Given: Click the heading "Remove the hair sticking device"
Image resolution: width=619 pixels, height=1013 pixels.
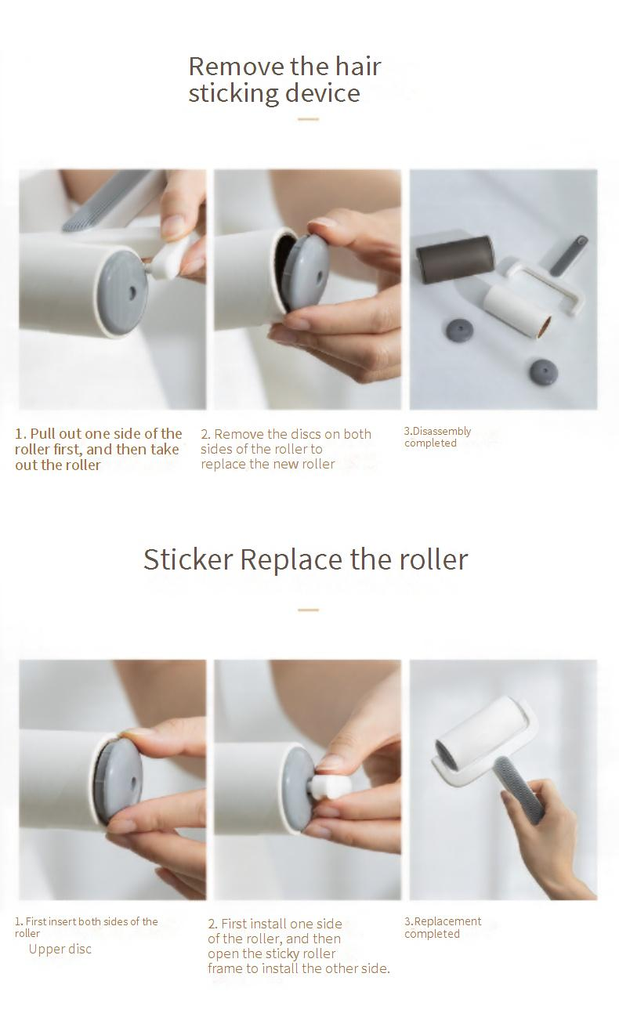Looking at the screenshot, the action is pyautogui.click(x=284, y=80).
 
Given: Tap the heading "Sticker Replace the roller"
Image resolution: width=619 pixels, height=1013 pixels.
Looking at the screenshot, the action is pyautogui.click(x=306, y=559).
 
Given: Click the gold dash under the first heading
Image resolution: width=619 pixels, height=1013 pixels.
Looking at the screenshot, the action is pyautogui.click(x=309, y=119).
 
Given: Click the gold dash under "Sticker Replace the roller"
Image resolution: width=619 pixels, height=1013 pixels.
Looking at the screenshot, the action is pyautogui.click(x=309, y=610).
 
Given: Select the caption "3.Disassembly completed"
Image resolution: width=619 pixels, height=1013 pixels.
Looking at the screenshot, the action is pyautogui.click(x=438, y=437).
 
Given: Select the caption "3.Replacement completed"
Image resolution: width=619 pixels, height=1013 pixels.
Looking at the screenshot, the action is pyautogui.click(x=443, y=927).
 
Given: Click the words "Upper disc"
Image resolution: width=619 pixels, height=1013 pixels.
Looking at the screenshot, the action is pyautogui.click(x=60, y=949).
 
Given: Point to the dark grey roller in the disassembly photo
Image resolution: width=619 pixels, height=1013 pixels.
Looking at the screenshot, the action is pyautogui.click(x=454, y=259).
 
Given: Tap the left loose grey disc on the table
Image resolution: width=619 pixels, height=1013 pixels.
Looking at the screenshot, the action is pyautogui.click(x=459, y=330).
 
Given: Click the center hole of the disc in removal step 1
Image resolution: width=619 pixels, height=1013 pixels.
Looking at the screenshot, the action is pyautogui.click(x=132, y=293).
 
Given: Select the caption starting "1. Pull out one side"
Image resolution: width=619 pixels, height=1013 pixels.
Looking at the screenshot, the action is pyautogui.click(x=98, y=449).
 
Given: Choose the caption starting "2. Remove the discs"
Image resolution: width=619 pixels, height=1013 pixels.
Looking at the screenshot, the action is pyautogui.click(x=286, y=449).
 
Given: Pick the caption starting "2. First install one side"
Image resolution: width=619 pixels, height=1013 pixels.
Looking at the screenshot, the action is pyautogui.click(x=299, y=946).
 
